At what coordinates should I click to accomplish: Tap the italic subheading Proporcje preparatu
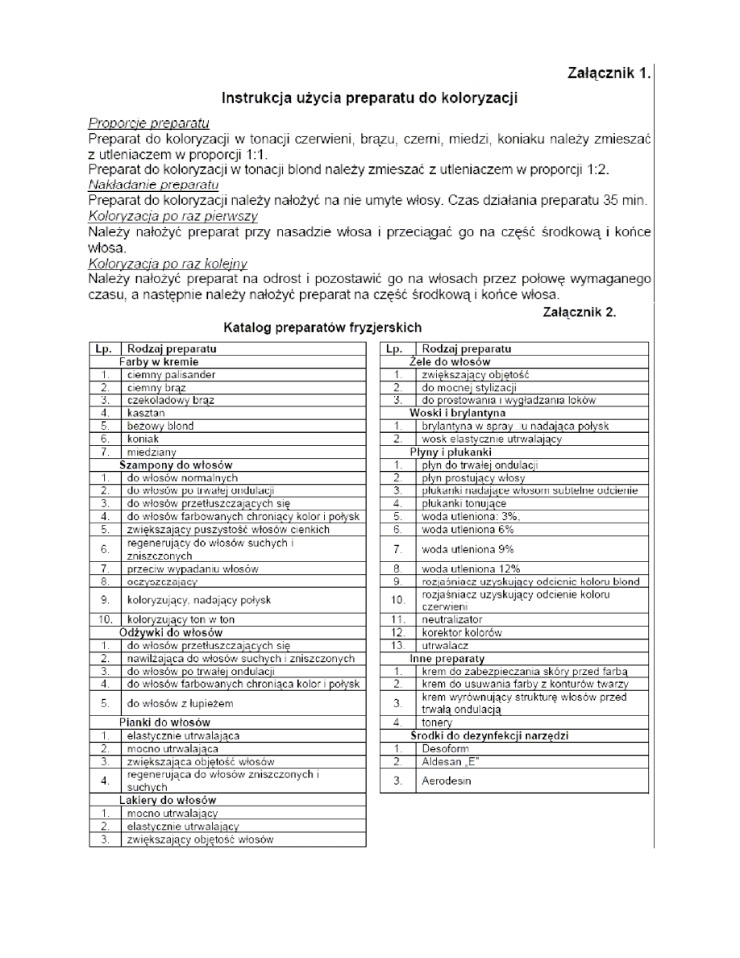coord(148,123)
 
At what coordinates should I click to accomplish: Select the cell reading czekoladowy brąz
coord(171,399)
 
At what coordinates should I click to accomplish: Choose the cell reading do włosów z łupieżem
coord(178,702)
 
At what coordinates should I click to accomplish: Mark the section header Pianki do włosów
coord(164,722)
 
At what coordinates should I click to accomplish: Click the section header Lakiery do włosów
coord(167,800)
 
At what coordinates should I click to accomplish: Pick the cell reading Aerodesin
coord(446,781)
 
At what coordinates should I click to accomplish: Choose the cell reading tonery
coord(437,723)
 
